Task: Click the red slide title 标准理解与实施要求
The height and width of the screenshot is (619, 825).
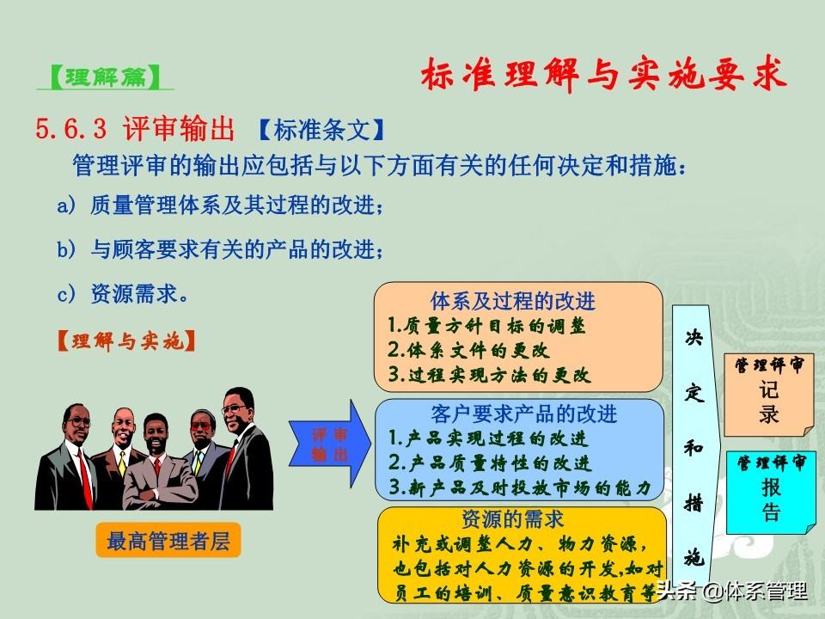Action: [x=603, y=74]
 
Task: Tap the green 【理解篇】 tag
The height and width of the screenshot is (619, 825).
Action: [x=105, y=77]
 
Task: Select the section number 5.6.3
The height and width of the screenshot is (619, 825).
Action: [x=71, y=128]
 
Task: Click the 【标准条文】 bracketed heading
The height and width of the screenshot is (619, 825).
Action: [x=321, y=130]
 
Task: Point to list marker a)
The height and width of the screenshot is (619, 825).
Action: [x=67, y=205]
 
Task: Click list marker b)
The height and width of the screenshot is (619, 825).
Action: [x=67, y=249]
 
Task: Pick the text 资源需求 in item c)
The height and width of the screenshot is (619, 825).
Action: [x=134, y=294]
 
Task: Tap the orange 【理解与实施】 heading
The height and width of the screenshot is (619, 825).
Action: [x=125, y=341]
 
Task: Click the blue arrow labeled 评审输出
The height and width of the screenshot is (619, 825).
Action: [x=330, y=444]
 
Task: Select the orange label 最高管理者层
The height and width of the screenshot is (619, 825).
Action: [x=168, y=541]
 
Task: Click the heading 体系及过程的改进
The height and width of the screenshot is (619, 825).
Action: [x=512, y=301]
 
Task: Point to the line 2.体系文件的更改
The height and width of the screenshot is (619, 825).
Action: [x=468, y=350]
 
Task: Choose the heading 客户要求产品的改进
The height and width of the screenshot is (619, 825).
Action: [x=523, y=414]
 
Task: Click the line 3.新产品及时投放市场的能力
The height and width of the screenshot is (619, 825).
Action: [x=520, y=487]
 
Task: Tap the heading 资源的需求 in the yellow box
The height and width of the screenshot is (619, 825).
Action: [x=512, y=519]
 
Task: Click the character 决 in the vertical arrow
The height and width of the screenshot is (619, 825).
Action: [x=694, y=337]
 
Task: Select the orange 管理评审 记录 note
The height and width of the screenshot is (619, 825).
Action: [x=769, y=395]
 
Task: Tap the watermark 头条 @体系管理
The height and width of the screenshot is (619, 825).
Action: [x=731, y=591]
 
